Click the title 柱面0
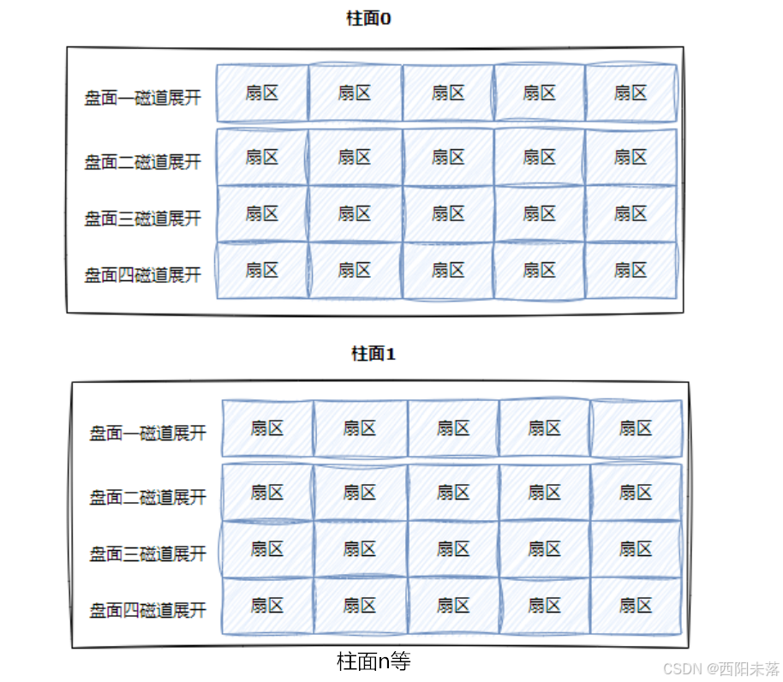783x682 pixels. [x=368, y=19]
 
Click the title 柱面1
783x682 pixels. [x=374, y=354]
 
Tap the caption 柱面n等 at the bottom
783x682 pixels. [x=374, y=661]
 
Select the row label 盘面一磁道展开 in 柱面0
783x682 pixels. [x=142, y=98]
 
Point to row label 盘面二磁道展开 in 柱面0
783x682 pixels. [x=142, y=162]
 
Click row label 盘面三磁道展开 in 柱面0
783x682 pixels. [x=142, y=218]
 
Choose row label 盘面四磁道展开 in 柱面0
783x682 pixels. [x=142, y=275]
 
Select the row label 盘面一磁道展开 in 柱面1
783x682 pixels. [x=147, y=433]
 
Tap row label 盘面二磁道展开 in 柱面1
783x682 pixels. [x=147, y=497]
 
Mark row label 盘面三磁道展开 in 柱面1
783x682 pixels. [x=147, y=553]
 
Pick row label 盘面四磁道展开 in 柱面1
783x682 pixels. [x=147, y=610]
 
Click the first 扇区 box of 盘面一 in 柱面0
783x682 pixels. [x=262, y=93]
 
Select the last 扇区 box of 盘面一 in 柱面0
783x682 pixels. [x=631, y=93]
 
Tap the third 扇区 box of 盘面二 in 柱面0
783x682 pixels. [x=448, y=157]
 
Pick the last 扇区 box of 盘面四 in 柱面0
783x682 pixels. [x=631, y=270]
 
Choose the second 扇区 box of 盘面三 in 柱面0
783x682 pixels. [x=355, y=213]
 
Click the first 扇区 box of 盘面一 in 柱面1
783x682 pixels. [x=267, y=428]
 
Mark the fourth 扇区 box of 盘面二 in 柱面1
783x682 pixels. [x=544, y=492]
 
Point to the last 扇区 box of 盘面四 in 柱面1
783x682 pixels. [x=636, y=605]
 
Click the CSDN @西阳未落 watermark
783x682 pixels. [x=721, y=668]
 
